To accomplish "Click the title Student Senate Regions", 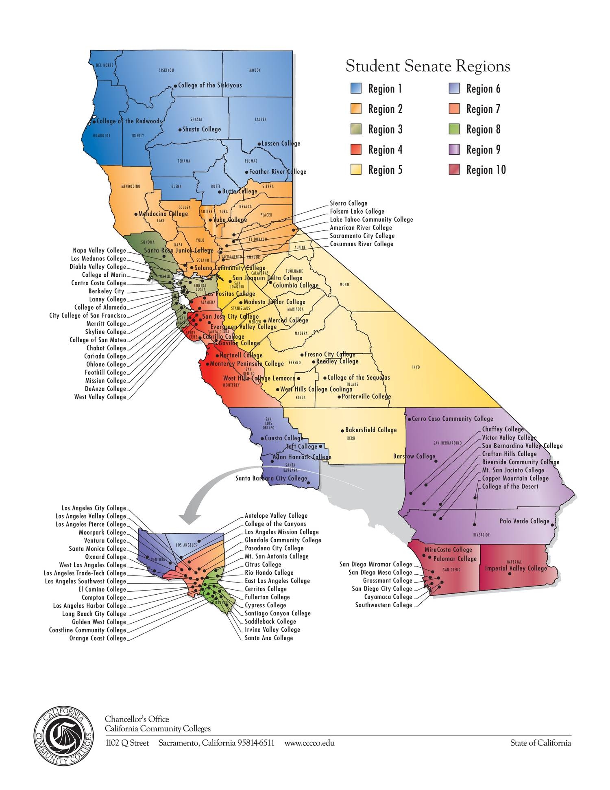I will pyautogui.click(x=428, y=66).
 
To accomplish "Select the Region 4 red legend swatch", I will pyautogui.click(x=356, y=149).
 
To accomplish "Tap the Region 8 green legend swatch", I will pyautogui.click(x=454, y=129).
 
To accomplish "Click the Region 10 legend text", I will pyautogui.click(x=486, y=170).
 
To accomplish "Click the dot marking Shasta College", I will pyautogui.click(x=180, y=129).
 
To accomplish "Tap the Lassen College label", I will pyautogui.click(x=281, y=143).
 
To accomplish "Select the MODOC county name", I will pyautogui.click(x=255, y=70).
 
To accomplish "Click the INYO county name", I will pyautogui.click(x=416, y=367).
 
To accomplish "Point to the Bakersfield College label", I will pyautogui.click(x=371, y=430).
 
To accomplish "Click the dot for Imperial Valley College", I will pyautogui.click(x=510, y=574).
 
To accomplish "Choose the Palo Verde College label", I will pyautogui.click(x=524, y=521).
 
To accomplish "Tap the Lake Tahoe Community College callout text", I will pyautogui.click(x=371, y=219).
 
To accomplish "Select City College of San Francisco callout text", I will pyautogui.click(x=87, y=315).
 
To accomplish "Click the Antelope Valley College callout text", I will pyautogui.click(x=276, y=516).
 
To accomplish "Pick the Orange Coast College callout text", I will pyautogui.click(x=98, y=638).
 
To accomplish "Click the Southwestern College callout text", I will pyautogui.click(x=383, y=605).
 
